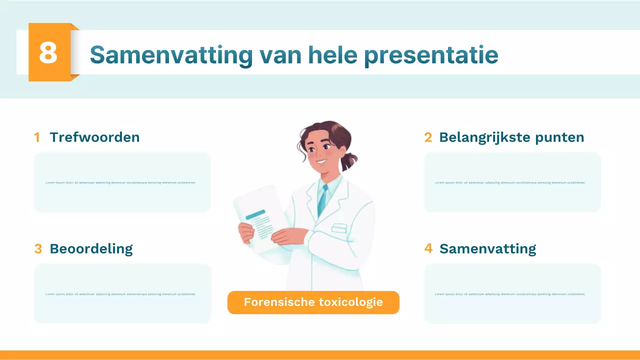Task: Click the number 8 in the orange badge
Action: (x=48, y=52)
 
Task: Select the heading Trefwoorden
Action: (x=94, y=137)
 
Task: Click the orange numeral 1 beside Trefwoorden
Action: (x=37, y=137)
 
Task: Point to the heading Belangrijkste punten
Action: (x=511, y=137)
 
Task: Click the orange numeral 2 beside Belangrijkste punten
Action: (x=428, y=137)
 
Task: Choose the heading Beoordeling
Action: (x=91, y=248)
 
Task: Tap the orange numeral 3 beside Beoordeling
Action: (x=38, y=249)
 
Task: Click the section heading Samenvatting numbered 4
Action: (x=487, y=248)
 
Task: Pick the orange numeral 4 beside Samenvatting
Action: (x=428, y=248)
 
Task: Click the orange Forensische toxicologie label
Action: (x=313, y=302)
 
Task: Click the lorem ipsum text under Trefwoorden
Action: (x=120, y=182)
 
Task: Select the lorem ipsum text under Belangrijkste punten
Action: (x=510, y=182)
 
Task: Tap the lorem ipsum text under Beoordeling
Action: (x=120, y=294)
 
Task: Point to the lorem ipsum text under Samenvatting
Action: (x=510, y=294)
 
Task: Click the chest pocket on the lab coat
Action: (x=339, y=228)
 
